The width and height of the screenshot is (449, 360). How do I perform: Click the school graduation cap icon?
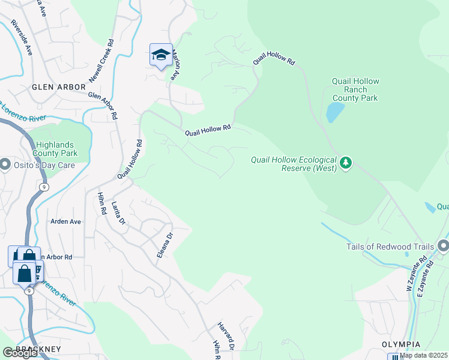point(160,55)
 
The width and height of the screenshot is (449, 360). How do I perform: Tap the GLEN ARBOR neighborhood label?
point(59,87)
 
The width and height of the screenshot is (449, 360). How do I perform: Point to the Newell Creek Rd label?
point(101,61)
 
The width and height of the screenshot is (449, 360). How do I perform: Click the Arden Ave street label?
point(65,221)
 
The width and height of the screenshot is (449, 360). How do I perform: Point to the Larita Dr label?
point(118,213)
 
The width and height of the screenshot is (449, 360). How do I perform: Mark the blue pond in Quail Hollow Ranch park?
point(334,112)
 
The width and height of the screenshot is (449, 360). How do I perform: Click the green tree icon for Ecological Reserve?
point(345,163)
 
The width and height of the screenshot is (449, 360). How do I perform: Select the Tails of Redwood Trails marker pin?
point(443,247)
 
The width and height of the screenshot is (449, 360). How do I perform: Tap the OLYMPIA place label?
point(399,345)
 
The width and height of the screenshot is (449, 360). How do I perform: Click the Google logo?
point(20,353)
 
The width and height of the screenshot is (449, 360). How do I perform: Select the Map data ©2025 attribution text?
point(423,355)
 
